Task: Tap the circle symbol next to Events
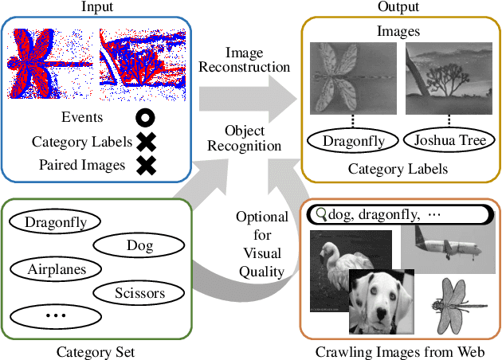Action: tap(145, 118)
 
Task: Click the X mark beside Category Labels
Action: tap(145, 142)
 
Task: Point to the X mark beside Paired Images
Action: tap(145, 166)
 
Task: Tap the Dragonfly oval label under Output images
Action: tap(351, 142)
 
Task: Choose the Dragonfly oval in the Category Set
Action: tap(56, 222)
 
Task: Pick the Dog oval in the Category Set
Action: tap(139, 246)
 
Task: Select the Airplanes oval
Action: tap(56, 269)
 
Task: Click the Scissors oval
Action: tap(139, 293)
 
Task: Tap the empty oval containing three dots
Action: tap(56, 315)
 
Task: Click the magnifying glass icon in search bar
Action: tap(321, 214)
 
